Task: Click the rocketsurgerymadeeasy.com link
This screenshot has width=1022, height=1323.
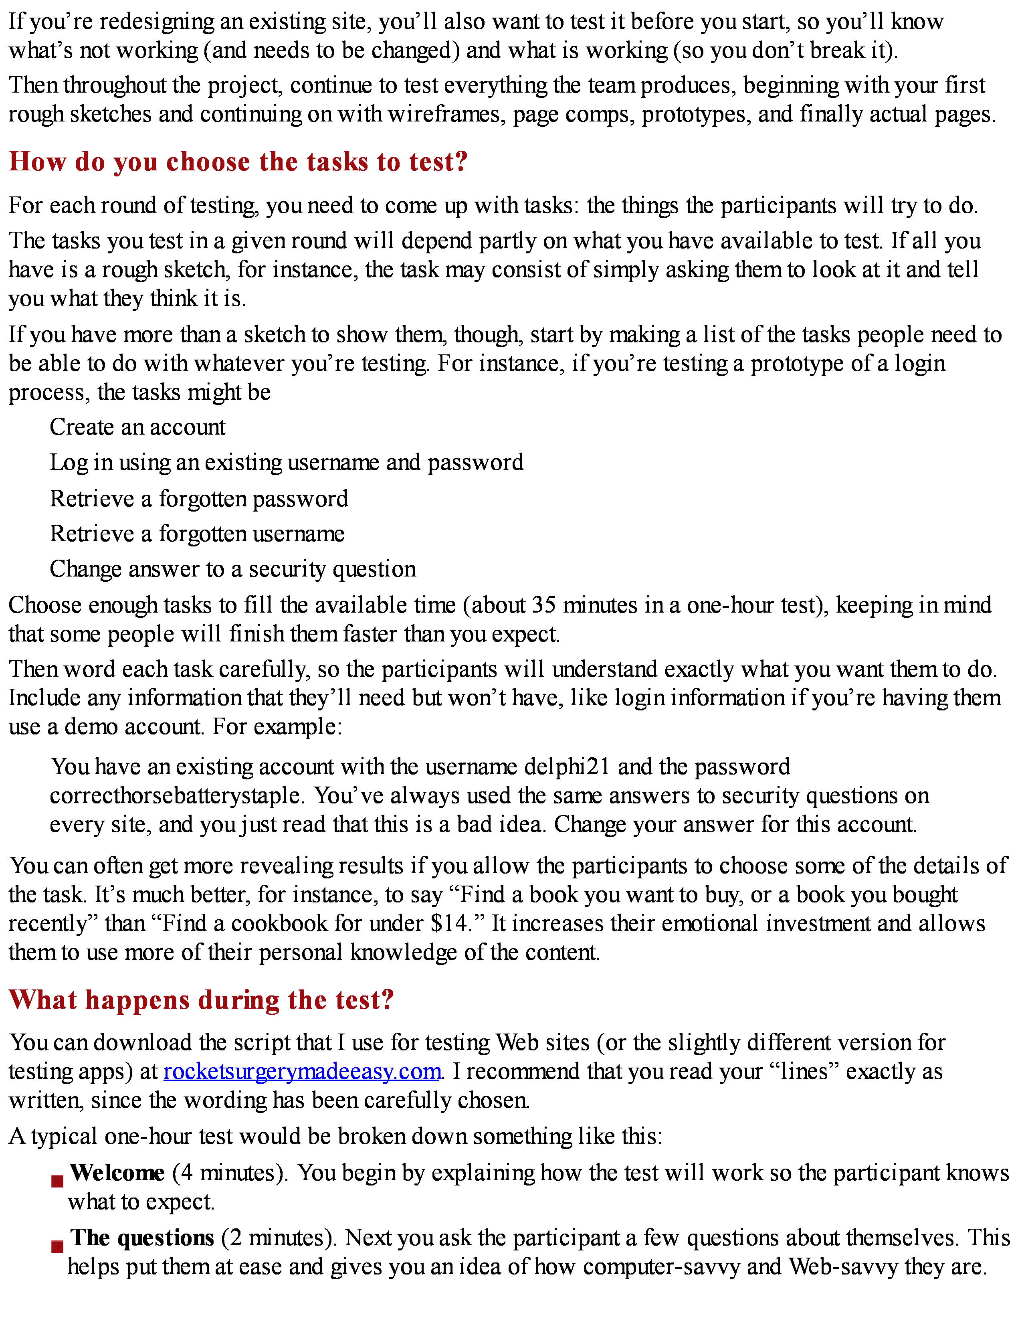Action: (301, 1072)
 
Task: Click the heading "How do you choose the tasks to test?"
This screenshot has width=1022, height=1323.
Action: (238, 162)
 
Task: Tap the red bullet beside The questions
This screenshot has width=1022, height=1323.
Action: (58, 1246)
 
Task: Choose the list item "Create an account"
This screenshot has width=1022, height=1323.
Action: (137, 427)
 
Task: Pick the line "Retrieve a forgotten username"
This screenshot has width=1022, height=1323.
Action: (197, 534)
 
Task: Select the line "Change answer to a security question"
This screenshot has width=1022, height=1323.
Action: (232, 569)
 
